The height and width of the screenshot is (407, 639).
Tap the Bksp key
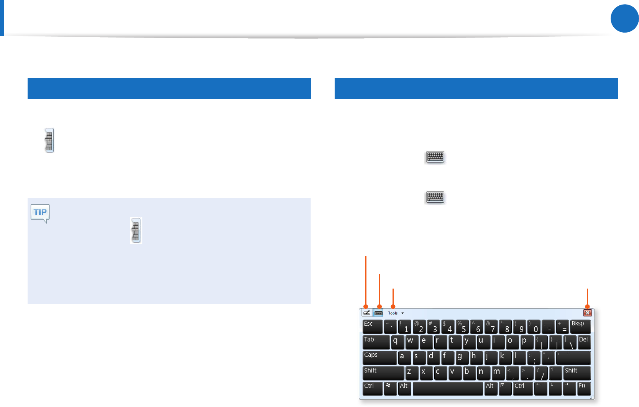pos(580,327)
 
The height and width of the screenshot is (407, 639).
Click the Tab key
pos(376,342)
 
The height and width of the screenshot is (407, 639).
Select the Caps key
pos(379,358)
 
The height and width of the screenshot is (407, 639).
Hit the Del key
pos(584,342)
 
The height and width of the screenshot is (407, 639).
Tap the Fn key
pos(584,388)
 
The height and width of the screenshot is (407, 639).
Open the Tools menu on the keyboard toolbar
pos(395,313)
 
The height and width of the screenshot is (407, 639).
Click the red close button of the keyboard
pos(587,313)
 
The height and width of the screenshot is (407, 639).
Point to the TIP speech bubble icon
pos(40,213)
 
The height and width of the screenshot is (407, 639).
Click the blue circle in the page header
pos(624,18)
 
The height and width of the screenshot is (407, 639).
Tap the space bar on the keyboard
pos(448,388)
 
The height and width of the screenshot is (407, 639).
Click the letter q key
pos(397,342)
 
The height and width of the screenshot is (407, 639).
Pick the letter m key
pos(498,373)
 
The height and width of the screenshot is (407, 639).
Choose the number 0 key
pos(534,327)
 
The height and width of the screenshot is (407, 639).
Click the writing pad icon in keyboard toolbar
pos(366,313)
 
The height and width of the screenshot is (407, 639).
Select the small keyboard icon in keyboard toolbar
pos(378,313)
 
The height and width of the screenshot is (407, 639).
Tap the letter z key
pos(412,373)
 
